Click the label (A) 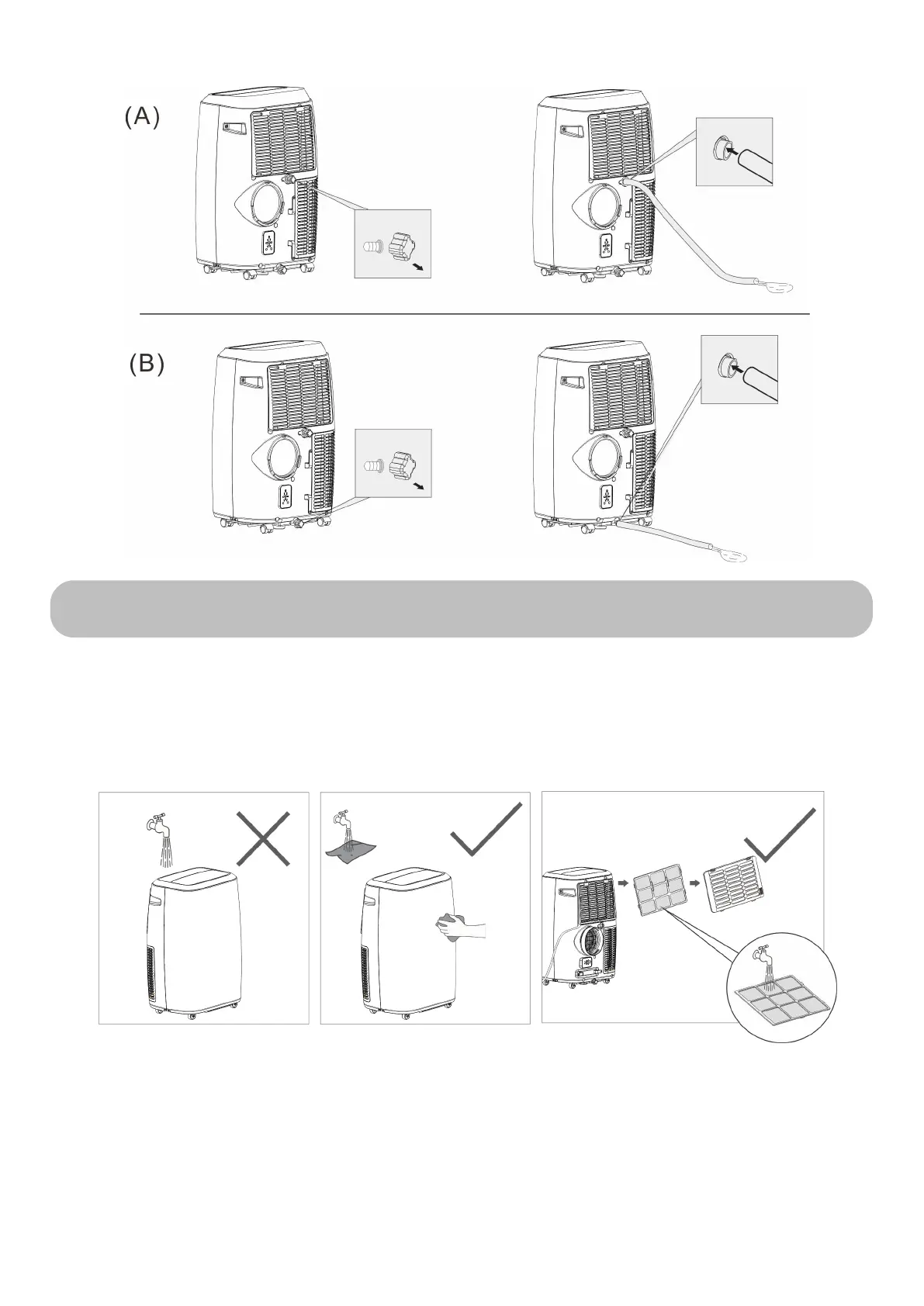(x=142, y=116)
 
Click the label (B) (x=147, y=365)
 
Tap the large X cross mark (x=263, y=838)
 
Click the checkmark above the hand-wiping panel (x=486, y=829)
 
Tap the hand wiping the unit (x=462, y=928)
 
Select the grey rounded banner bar (x=461, y=609)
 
